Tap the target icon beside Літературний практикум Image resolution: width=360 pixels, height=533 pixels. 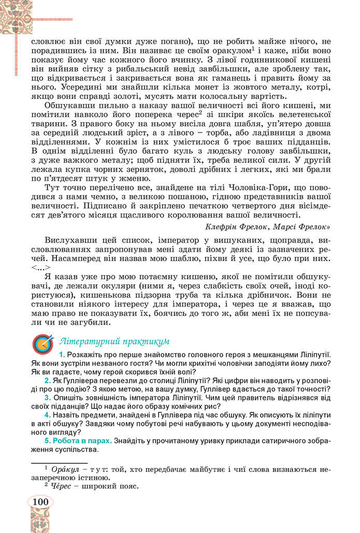pyautogui.click(x=42, y=343)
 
